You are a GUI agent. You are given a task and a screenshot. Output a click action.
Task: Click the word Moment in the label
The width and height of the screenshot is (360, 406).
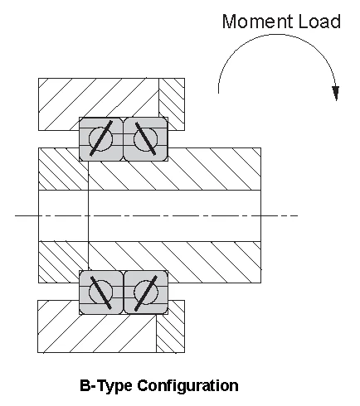pos(258,22)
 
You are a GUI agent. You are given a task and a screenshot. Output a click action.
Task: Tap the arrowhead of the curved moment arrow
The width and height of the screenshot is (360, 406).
pos(336,94)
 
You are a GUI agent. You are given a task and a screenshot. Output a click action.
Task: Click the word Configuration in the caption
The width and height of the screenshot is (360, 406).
pos(187,386)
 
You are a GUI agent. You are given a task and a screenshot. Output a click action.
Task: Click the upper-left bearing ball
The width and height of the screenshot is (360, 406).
pos(100,139)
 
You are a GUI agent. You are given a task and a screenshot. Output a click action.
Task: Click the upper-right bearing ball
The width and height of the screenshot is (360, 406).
pos(145,139)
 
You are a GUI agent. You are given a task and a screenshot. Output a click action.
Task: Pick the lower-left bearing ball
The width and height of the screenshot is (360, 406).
pos(100,292)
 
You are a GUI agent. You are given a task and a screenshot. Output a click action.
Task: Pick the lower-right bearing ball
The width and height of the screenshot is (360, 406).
pos(146,292)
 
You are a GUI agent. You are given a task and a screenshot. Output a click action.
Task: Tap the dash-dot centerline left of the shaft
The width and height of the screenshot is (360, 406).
pos(27,215)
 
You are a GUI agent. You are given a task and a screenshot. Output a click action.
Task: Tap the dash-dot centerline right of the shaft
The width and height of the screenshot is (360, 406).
pos(280,215)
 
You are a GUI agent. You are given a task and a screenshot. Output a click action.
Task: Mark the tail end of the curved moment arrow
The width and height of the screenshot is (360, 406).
pos(218,93)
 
